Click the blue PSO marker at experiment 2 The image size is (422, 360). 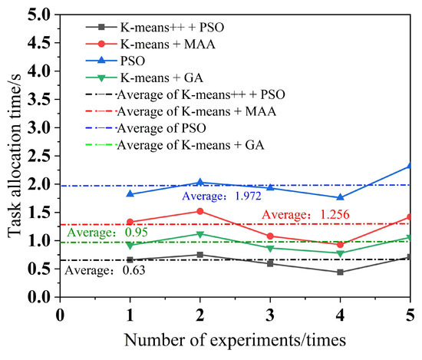200,182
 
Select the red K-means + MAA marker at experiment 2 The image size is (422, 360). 200,211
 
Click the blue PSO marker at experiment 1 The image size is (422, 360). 130,194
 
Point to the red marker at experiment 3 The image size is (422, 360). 270,236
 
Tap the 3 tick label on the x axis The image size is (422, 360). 270,314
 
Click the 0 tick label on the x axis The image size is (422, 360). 60,314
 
